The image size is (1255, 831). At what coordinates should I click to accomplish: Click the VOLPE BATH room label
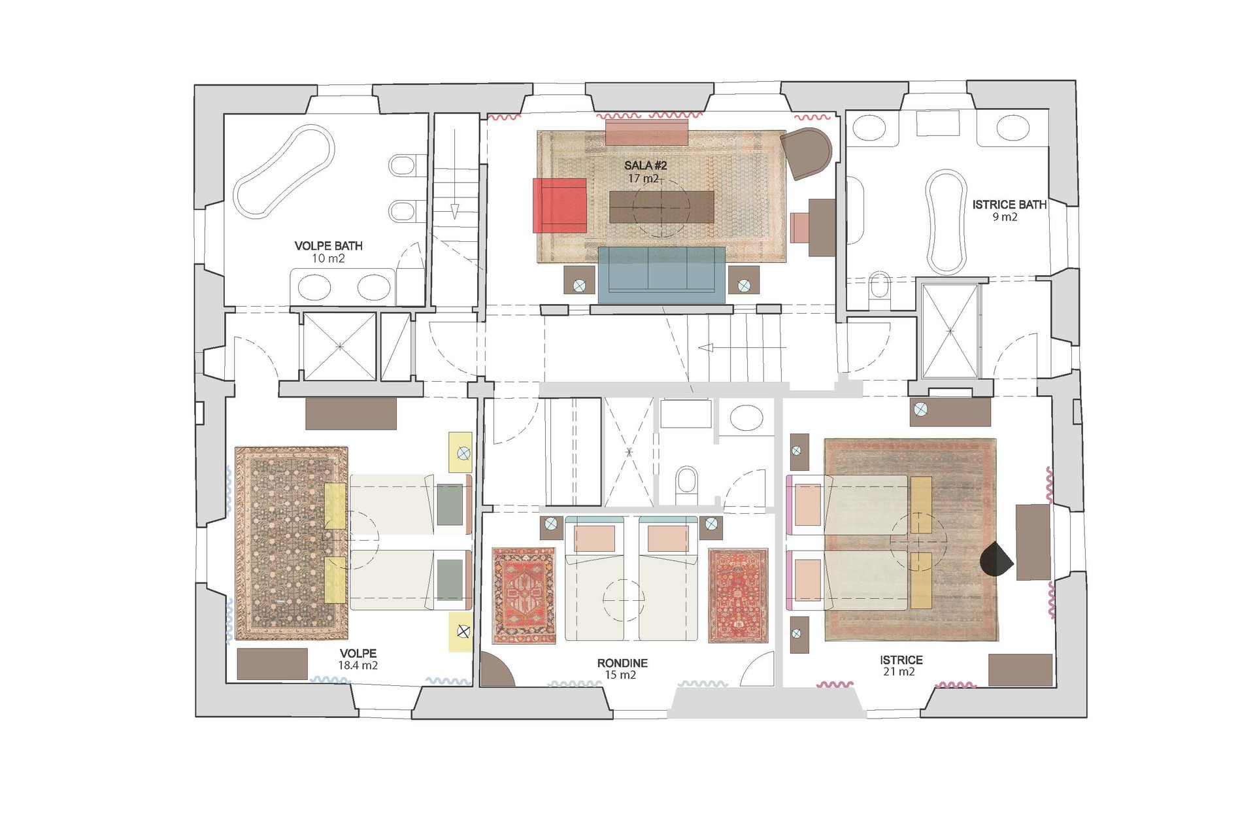[328, 246]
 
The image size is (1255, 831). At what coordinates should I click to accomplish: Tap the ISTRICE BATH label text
[1009, 205]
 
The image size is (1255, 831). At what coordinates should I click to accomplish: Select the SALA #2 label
[645, 165]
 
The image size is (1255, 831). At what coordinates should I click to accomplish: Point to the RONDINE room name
[622, 663]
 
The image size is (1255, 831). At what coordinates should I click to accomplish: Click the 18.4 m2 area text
[358, 666]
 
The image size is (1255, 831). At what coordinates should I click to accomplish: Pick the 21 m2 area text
[899, 671]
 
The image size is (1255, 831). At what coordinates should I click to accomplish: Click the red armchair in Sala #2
[560, 205]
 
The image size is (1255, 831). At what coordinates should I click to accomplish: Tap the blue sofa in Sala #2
[661, 275]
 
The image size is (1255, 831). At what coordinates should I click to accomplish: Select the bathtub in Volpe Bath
[284, 171]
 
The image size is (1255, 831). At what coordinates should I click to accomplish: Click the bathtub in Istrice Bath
[946, 222]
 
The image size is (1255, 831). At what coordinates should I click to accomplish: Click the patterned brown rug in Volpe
[292, 543]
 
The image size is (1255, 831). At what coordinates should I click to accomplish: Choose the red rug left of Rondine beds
[524, 596]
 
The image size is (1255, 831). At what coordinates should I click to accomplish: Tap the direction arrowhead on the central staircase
[705, 347]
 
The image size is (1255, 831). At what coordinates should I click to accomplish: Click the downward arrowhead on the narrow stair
[454, 211]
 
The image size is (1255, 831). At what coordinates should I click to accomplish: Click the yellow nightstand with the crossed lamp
[461, 632]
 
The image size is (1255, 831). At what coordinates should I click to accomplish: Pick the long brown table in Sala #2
[661, 207]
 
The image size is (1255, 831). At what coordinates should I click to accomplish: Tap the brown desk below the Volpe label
[272, 664]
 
